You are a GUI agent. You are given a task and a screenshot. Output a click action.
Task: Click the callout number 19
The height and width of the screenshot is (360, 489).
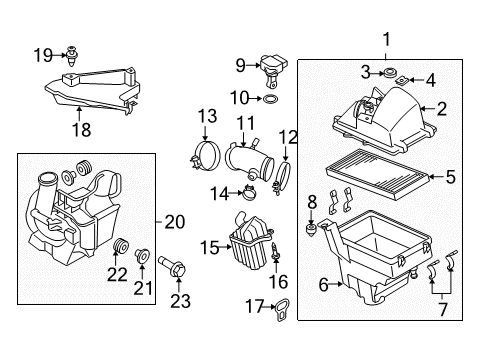[x=43, y=55]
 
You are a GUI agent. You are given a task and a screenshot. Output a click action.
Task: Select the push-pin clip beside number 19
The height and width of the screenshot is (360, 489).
[x=72, y=56]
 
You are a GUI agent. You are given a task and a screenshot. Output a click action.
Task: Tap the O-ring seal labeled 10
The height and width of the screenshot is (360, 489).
[x=270, y=99]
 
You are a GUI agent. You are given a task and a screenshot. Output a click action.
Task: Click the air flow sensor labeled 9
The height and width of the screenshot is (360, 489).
[x=273, y=69]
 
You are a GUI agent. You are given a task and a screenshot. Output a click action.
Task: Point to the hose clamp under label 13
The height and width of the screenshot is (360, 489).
[x=206, y=155]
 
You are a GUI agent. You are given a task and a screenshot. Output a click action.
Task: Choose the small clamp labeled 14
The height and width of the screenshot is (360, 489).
[x=249, y=193]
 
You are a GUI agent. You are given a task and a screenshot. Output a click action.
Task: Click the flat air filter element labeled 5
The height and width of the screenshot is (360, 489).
[x=376, y=174]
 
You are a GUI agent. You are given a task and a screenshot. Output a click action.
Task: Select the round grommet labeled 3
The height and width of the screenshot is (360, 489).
[x=389, y=73]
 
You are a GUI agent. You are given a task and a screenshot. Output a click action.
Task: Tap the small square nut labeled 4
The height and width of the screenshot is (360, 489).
[x=402, y=80]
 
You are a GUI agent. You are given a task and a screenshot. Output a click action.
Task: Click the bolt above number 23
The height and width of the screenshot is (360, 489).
[x=172, y=266]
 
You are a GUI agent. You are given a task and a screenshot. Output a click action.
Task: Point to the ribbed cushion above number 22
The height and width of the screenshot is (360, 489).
[x=121, y=246]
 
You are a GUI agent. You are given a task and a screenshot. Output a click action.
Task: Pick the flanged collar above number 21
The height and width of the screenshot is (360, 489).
[x=142, y=257]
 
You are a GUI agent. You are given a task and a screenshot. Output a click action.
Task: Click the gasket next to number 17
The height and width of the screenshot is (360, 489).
[x=282, y=310]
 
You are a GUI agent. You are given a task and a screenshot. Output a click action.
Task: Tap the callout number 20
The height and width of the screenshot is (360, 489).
[x=175, y=222]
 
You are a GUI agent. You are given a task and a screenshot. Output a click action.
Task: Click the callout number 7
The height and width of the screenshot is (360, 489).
[x=443, y=309]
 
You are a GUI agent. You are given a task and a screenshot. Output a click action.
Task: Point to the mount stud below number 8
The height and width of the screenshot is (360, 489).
[x=311, y=229]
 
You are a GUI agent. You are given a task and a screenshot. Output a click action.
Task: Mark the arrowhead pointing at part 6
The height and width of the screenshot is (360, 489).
[x=340, y=284]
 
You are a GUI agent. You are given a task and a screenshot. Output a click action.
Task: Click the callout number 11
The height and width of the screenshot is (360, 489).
[x=246, y=123]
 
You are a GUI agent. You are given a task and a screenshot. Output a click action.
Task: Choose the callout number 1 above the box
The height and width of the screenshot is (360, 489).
[x=386, y=39]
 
